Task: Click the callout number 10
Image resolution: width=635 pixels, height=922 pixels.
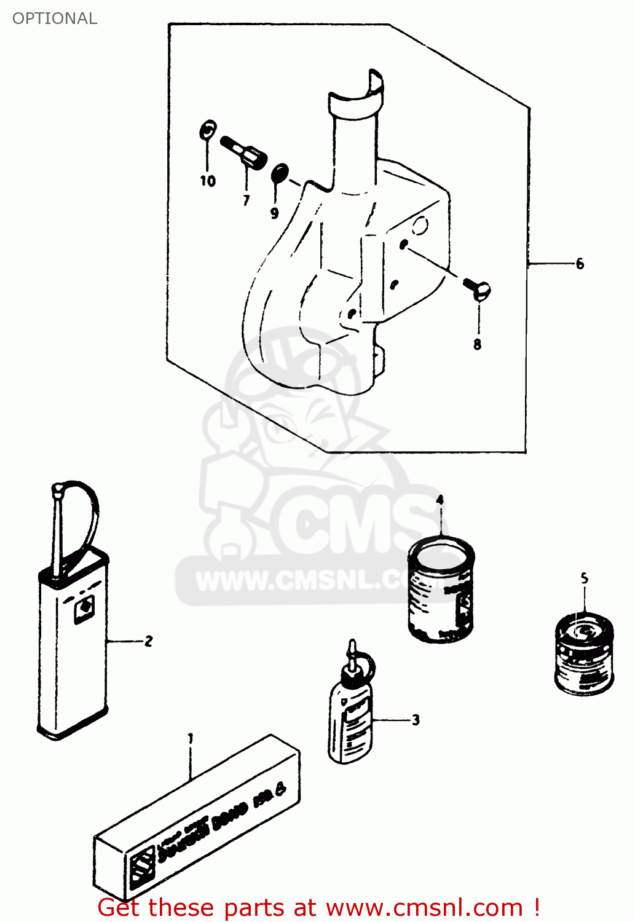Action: tap(208, 181)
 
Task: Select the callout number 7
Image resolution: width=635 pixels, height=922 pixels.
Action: tap(246, 200)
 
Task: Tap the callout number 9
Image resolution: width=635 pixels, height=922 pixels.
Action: tap(274, 213)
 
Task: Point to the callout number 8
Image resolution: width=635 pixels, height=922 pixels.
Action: tap(478, 344)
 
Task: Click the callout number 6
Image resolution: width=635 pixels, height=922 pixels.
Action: tap(580, 264)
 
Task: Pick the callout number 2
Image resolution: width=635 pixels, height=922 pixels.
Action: tap(148, 641)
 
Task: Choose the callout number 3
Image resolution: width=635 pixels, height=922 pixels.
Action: tap(416, 720)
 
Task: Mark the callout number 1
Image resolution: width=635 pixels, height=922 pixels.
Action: tap(191, 738)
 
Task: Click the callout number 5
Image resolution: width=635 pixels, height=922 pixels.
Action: tap(584, 578)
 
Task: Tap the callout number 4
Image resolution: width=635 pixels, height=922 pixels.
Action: tap(440, 500)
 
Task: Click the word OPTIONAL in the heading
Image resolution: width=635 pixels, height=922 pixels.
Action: tap(55, 18)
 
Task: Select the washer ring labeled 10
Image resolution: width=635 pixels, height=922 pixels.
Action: tap(208, 130)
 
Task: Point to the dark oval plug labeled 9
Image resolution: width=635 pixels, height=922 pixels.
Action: tap(280, 173)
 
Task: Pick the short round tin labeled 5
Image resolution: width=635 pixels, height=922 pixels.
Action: tap(584, 655)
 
